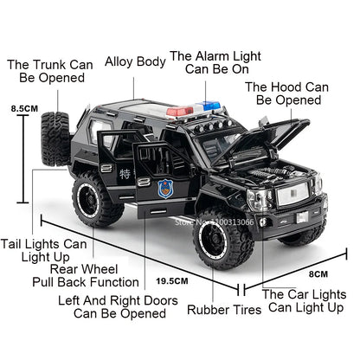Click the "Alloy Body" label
pos(135,61)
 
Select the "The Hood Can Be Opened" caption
pos(287,94)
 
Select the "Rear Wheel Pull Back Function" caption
pos(95,275)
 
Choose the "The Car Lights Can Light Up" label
pos(303,300)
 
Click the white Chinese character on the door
pos(129,175)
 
